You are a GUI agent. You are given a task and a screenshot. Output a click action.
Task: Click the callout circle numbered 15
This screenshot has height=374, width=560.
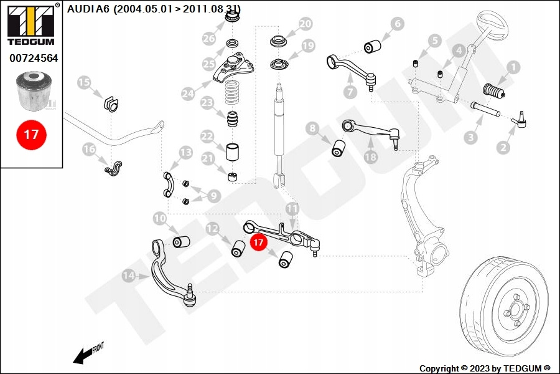(84, 82)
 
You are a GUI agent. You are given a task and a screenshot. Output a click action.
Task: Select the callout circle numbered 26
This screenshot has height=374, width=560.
(208, 39)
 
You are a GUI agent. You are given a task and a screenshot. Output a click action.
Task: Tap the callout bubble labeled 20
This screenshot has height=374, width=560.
(305, 24)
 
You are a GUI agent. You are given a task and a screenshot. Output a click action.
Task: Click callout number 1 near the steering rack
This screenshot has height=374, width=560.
(514, 66)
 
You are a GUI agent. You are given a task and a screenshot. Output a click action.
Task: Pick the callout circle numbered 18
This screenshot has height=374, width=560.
(370, 157)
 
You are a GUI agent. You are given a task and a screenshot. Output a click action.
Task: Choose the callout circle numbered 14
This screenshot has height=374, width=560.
(129, 275)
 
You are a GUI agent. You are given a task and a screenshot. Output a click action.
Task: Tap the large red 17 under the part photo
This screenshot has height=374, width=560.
(31, 134)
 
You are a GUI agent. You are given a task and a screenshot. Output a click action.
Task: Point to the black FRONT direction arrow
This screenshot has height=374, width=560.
(82, 356)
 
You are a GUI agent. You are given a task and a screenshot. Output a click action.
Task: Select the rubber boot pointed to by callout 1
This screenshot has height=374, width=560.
(495, 92)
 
